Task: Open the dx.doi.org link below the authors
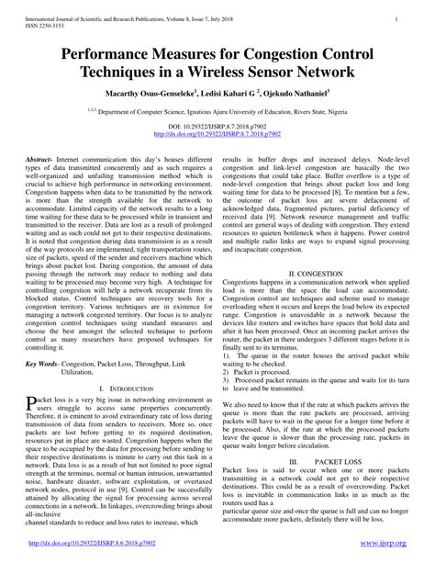[x=217, y=132]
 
